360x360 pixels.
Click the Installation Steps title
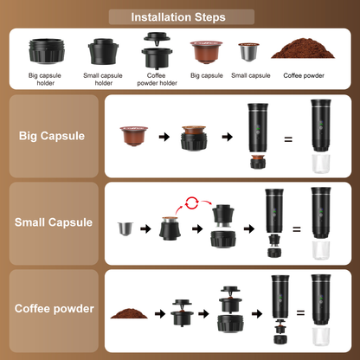tap(179, 16)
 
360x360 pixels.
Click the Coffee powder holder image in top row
tap(157, 49)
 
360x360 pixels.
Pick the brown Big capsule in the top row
tap(205, 52)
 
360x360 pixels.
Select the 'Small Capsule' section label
tap(54, 222)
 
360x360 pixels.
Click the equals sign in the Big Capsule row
tap(287, 138)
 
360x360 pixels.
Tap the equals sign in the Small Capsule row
tap(297, 229)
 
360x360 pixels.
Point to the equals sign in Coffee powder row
tap(300, 312)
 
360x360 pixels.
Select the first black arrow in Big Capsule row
tap(164, 137)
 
